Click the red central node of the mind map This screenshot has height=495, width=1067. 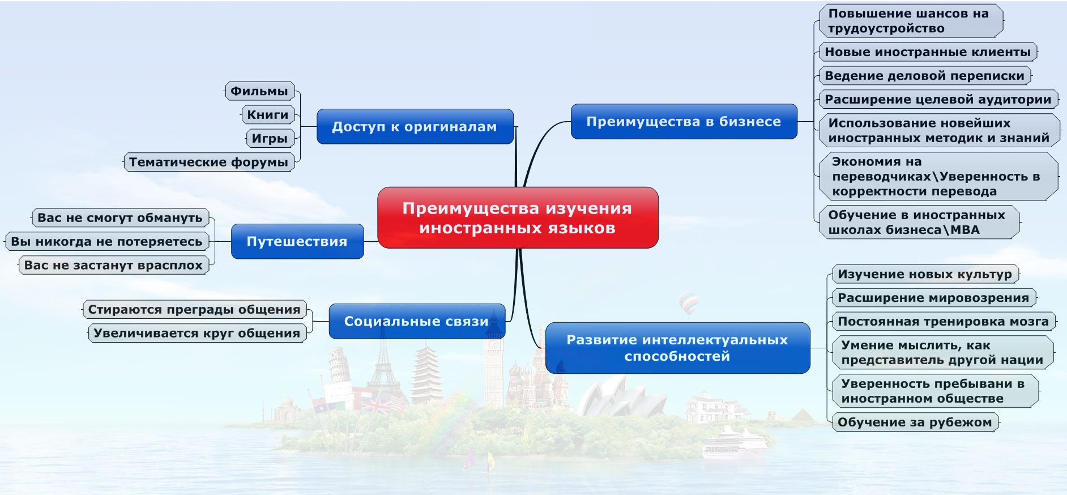(518, 218)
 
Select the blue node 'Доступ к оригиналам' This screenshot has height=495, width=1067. (415, 127)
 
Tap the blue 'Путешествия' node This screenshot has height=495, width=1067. (297, 242)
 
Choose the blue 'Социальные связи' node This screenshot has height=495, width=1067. (416, 322)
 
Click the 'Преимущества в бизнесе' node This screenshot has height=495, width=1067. (684, 122)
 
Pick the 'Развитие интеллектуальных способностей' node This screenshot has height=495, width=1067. (677, 348)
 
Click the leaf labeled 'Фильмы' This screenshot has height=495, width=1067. (259, 91)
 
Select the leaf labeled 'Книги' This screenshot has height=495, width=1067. (268, 115)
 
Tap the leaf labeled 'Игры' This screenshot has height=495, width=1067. (270, 139)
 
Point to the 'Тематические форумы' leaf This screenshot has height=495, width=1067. (209, 163)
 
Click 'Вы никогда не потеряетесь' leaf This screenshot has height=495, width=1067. (106, 242)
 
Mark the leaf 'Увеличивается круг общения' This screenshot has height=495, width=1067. (197, 333)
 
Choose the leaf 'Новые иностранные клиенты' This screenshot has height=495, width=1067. (928, 52)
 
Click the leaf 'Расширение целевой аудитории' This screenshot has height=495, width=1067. (938, 100)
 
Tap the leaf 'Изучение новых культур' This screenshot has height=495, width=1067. (925, 274)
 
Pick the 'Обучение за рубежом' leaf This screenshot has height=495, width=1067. (915, 423)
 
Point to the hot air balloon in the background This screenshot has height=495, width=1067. (688, 302)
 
